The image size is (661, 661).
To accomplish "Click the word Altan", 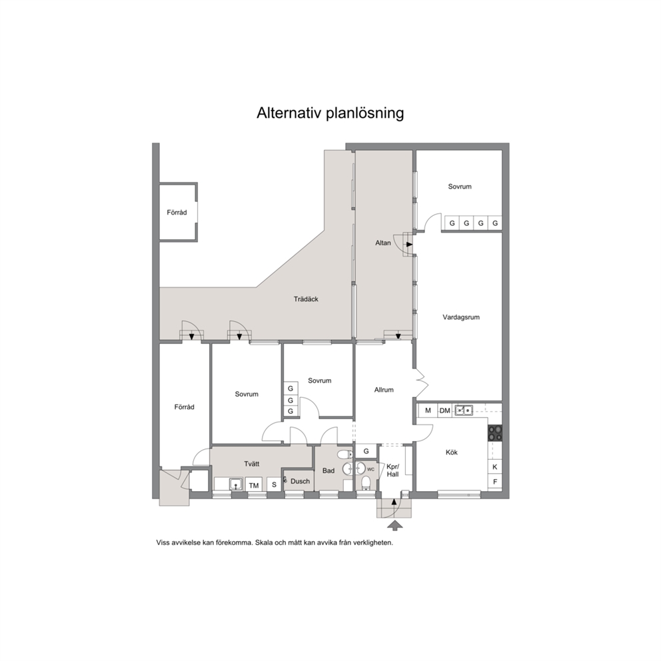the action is coord(382,243).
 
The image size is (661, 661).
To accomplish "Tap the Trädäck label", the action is coord(306,299).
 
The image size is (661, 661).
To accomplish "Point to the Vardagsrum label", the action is coord(460,317).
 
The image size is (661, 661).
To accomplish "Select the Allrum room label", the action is coord(384,390).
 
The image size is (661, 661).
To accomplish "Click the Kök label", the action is coord(452,452).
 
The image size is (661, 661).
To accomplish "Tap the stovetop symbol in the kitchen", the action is coord(495,433).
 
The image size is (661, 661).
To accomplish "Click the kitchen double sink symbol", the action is coord(464,410).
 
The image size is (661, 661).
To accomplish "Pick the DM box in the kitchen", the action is coord(444,410).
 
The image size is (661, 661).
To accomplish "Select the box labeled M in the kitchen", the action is coord(428,410).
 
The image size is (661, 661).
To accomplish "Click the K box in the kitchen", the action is coord(495,466).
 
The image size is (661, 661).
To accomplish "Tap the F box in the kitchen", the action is coord(495,481).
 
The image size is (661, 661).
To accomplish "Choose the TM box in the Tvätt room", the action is coord(254,485).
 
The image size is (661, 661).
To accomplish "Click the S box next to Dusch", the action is coord(274,485).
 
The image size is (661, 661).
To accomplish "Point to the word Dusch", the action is coord(300,481).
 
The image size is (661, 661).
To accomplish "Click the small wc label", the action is coord(370,469).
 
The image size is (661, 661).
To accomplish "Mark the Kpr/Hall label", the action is coord(392,470).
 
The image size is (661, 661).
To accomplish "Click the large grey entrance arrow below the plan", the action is coord(394,525).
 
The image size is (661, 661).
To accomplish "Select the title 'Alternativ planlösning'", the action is coord(330,113).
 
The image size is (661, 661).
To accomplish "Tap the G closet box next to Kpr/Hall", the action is coord(366,451).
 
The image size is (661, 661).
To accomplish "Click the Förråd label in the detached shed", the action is coord(177,213).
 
